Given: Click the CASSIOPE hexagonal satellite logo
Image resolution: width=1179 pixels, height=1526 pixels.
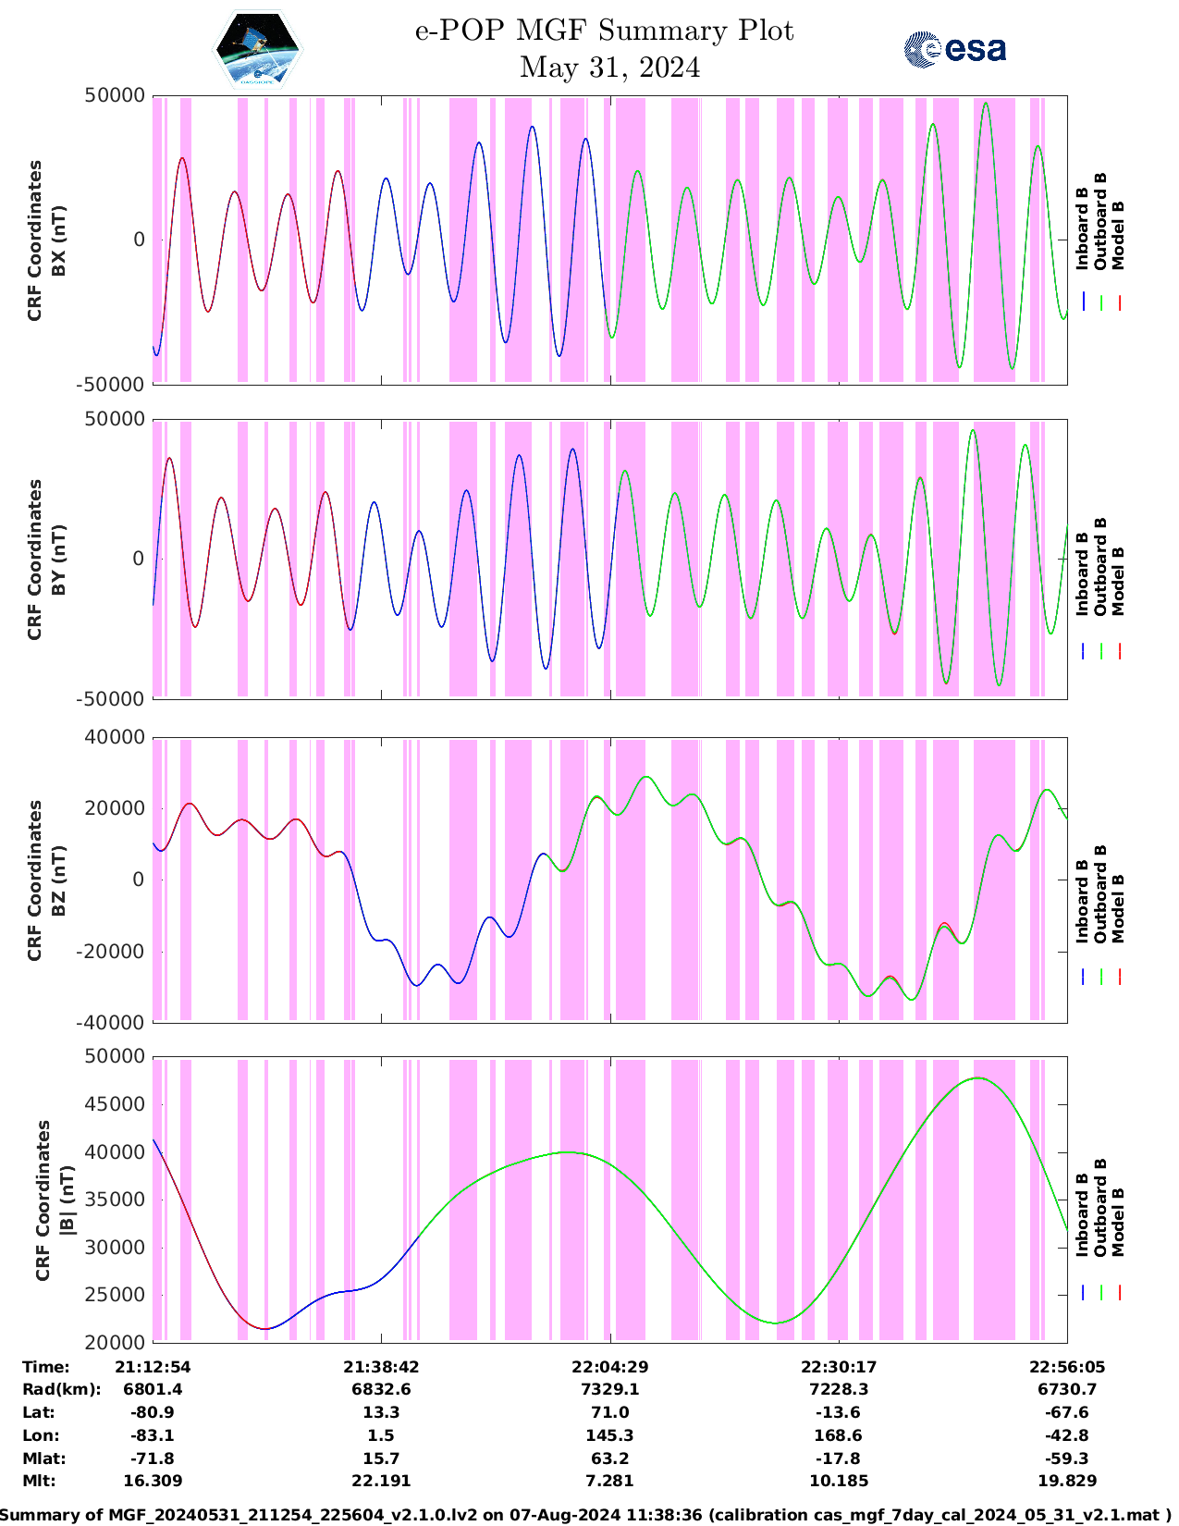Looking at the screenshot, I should tap(258, 49).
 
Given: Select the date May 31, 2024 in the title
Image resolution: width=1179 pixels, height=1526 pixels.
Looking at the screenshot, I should tap(609, 68).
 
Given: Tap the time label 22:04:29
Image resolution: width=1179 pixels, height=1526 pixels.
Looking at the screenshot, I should tap(609, 1367).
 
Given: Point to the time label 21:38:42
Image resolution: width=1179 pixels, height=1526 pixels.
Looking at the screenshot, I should tap(381, 1367).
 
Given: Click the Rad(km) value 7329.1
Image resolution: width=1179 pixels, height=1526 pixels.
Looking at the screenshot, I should tap(609, 1389).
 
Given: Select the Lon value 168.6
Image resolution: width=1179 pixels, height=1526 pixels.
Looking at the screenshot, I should tap(838, 1435).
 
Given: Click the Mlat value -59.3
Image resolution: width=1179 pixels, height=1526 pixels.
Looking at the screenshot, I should tap(1066, 1458).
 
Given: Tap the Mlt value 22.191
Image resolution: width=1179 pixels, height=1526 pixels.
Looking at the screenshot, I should tap(381, 1481).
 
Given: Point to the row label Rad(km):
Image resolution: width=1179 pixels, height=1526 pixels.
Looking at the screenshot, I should tap(61, 1389).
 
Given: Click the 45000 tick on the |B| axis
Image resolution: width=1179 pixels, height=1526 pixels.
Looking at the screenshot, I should tap(115, 1104).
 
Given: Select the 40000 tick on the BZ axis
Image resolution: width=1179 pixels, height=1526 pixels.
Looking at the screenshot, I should tap(115, 737).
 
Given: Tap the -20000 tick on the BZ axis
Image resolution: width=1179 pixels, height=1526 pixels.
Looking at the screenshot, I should tap(115, 951).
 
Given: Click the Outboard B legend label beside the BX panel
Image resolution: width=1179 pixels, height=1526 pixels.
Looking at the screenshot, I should tap(1100, 222).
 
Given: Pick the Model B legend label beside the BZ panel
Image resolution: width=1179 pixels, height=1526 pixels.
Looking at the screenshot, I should tap(1118, 908).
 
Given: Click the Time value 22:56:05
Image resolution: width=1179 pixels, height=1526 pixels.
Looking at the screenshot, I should tap(1067, 1367).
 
